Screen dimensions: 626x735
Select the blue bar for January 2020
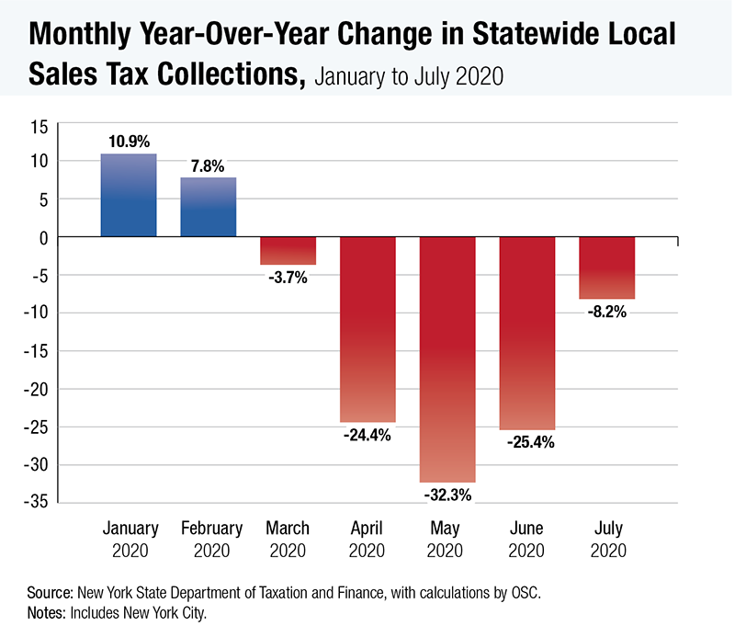(x=129, y=196)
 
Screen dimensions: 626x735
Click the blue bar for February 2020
(x=209, y=208)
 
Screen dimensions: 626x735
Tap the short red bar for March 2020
(x=288, y=251)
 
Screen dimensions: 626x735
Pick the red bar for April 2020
(x=367, y=329)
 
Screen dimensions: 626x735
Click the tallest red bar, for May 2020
(x=447, y=359)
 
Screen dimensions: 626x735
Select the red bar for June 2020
(x=527, y=333)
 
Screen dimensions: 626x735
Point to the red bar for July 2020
(x=607, y=268)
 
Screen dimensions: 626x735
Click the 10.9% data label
(x=129, y=141)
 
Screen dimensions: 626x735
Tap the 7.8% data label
(x=209, y=165)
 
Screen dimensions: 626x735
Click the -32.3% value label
(x=447, y=495)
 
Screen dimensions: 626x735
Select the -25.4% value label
(x=527, y=442)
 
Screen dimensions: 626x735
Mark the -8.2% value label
(x=607, y=312)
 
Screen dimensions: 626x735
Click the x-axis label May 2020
(x=447, y=540)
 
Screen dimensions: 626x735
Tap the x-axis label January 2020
(x=130, y=540)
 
